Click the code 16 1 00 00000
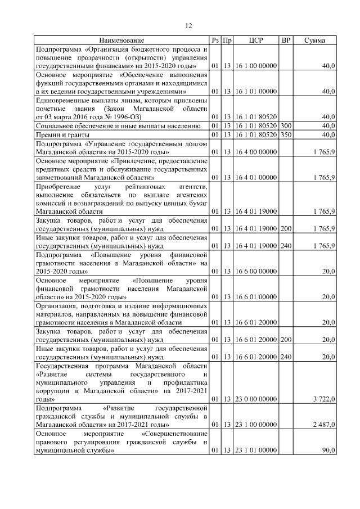[256, 66]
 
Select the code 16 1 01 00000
[256, 91]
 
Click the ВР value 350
[286, 135]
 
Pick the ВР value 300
[286, 125]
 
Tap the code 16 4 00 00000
[256, 152]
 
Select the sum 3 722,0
[324, 399]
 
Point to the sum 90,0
[328, 451]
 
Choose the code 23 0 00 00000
[256, 399]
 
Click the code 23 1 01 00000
[256, 451]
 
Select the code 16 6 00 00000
[256, 271]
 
